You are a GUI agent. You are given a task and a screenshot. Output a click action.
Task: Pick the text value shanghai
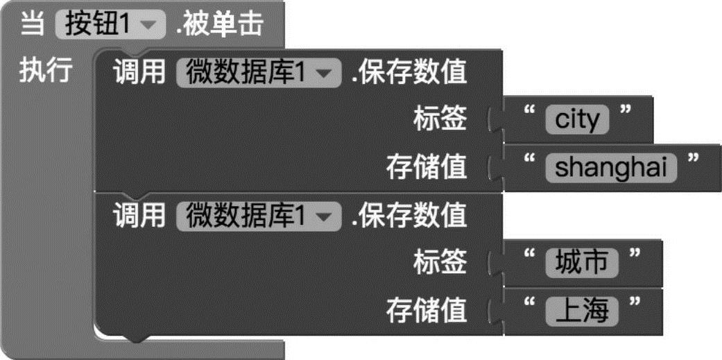tap(610, 166)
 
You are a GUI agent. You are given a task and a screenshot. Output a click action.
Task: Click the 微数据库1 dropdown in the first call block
tap(259, 71)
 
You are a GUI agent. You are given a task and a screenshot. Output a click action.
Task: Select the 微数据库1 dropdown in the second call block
tap(259, 216)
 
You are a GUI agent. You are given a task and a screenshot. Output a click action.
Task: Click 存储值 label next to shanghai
tap(427, 166)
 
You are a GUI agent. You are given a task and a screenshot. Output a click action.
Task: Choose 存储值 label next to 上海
tap(427, 309)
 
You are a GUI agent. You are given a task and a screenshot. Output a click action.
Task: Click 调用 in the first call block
tap(139, 71)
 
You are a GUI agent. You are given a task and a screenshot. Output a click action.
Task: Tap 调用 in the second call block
tap(139, 216)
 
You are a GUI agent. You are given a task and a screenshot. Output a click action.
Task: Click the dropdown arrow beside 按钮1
tap(149, 26)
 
